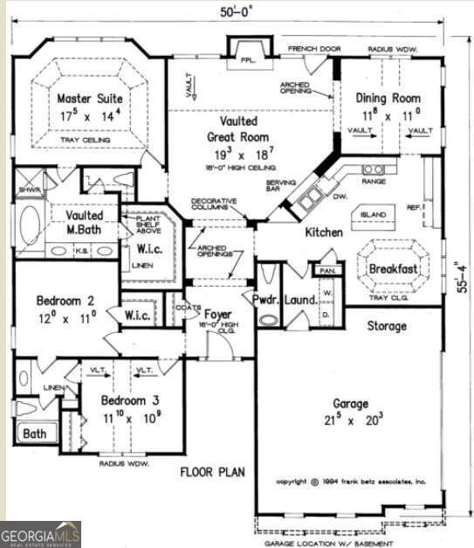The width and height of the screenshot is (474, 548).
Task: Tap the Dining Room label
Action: coord(392,99)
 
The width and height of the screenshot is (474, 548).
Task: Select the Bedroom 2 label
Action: coord(65,302)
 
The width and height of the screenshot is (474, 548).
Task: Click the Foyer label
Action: coord(218,313)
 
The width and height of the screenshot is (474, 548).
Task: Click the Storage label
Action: coord(386,326)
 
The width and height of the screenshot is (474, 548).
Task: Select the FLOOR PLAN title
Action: coord(212,473)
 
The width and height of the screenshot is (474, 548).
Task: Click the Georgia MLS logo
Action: coord(40,533)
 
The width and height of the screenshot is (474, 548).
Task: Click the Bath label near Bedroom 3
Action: coord(36,433)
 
